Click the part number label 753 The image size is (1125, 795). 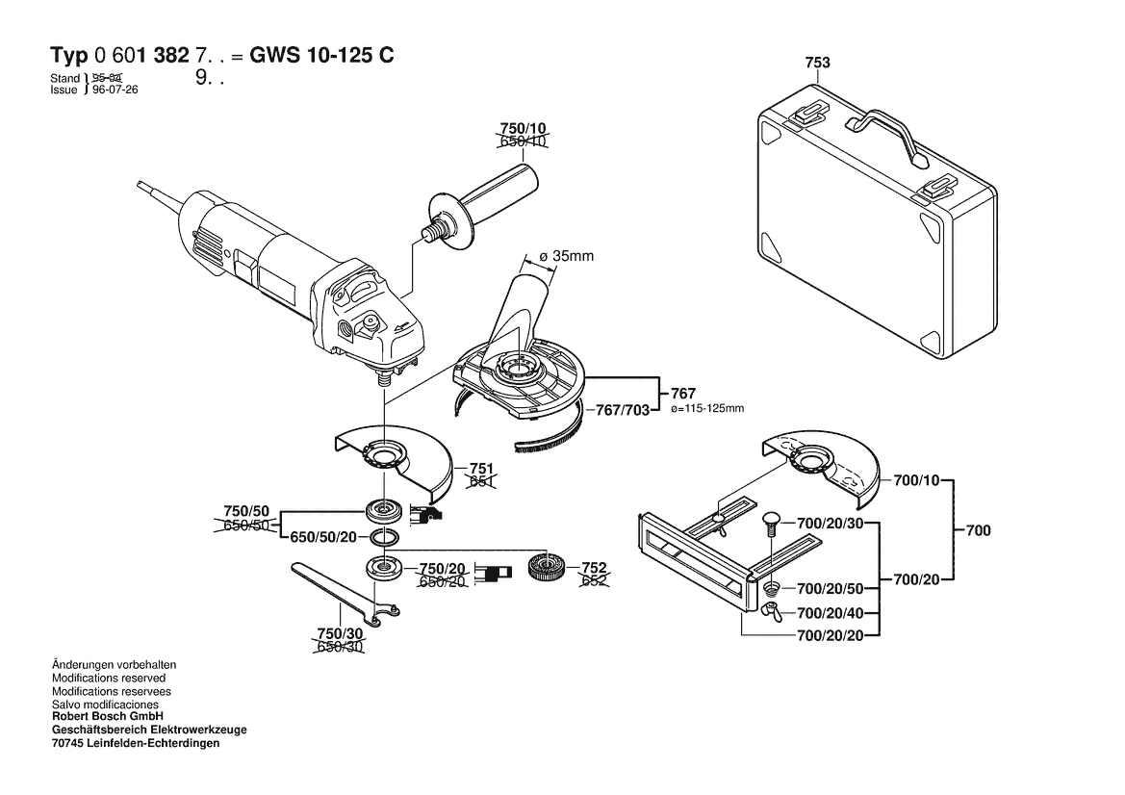[x=817, y=64]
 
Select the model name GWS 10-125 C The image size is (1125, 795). [x=321, y=56]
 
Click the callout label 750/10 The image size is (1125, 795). [x=523, y=128]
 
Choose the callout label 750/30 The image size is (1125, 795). [x=340, y=634]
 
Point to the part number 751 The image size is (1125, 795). [x=481, y=467]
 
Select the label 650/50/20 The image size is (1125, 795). [x=322, y=538]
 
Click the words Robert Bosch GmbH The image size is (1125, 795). [x=107, y=717]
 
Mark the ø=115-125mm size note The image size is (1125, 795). [x=706, y=409]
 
